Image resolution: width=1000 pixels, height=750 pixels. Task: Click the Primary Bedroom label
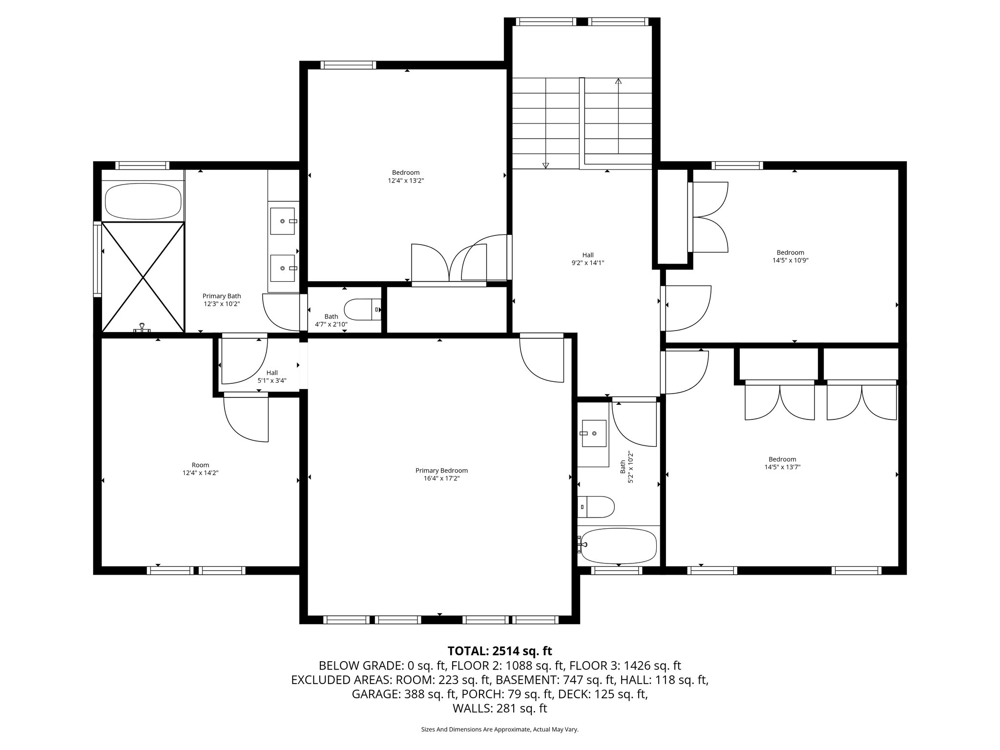point(441,471)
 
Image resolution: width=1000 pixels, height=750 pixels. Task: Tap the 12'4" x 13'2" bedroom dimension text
point(406,181)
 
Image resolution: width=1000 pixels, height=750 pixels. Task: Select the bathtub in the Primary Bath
point(144,201)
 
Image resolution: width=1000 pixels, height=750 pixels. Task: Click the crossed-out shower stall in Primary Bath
point(143,277)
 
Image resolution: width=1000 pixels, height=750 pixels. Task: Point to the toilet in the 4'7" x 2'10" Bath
point(362,309)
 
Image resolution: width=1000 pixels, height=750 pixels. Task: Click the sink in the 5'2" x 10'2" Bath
point(594,433)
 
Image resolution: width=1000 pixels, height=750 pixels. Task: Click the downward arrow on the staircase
point(546,165)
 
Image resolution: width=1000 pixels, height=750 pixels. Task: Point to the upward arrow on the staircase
point(618,82)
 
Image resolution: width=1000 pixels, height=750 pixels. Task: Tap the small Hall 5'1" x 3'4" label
point(272,376)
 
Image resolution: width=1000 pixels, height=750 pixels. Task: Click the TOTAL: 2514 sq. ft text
point(500,651)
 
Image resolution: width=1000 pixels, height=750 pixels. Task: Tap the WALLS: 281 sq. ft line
point(500,708)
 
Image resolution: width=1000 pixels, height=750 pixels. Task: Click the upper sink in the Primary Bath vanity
point(283,221)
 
